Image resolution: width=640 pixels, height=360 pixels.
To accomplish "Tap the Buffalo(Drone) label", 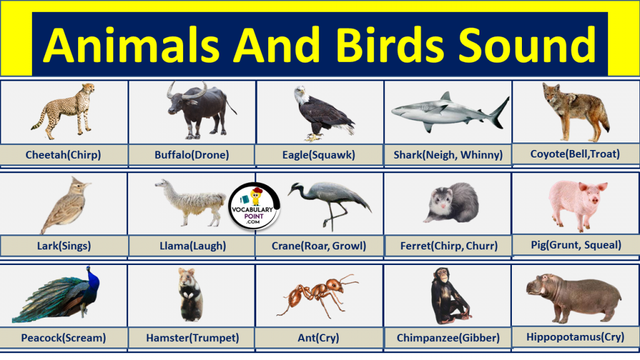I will pos(192,154).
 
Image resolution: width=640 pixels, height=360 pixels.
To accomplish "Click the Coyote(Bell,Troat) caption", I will pos(575,154).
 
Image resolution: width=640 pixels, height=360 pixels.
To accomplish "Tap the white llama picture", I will pos(190,201).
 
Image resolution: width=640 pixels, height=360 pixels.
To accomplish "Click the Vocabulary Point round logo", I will pos(254,207).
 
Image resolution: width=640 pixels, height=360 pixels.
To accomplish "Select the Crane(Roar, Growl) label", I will pos(319,246).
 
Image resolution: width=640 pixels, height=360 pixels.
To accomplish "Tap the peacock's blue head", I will pos(91,273).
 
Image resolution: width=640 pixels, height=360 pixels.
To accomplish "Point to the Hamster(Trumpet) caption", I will pos(192,338).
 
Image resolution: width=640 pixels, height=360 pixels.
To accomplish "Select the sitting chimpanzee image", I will pos(448,296).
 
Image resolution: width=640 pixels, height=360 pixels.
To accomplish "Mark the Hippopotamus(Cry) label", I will pos(575,337).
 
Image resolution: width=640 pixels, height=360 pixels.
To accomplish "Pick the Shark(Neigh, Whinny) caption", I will pos(448,154).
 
